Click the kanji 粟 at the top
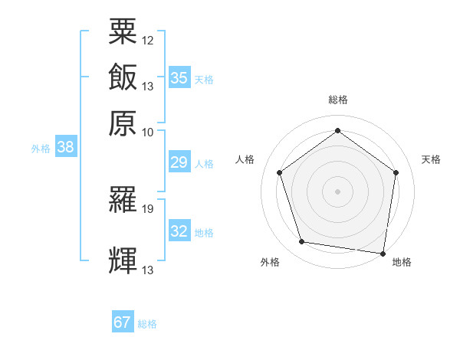pyautogui.click(x=123, y=31)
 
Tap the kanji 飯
pyautogui.click(x=123, y=77)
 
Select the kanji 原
pyautogui.click(x=123, y=123)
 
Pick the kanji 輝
pyautogui.click(x=123, y=260)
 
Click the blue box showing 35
pyautogui.click(x=179, y=78)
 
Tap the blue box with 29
pyautogui.click(x=179, y=163)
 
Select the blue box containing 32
pyautogui.click(x=179, y=231)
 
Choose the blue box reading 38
pyautogui.click(x=65, y=148)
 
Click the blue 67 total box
pyautogui.click(x=123, y=322)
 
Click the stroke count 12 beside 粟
pyautogui.click(x=148, y=40)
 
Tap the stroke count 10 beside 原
pyautogui.click(x=148, y=132)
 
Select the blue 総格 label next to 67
pyautogui.click(x=147, y=324)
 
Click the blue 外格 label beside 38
pyautogui.click(x=41, y=149)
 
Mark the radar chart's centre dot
pyautogui.click(x=337, y=191)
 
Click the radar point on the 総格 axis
pyautogui.click(x=337, y=130)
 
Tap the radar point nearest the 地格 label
pyautogui.click(x=383, y=253)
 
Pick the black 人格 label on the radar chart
pyautogui.click(x=245, y=159)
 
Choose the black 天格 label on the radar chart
pyautogui.click(x=431, y=159)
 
